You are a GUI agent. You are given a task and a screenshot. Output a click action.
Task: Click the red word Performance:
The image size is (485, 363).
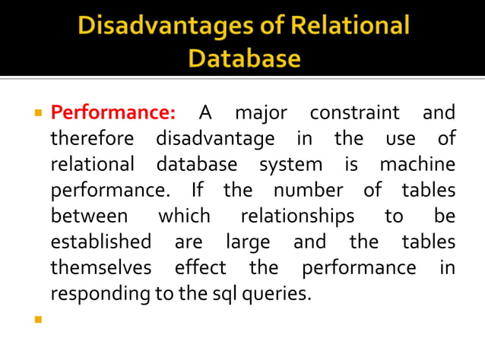(113, 114)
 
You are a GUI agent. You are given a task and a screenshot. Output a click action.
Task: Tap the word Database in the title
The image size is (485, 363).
(244, 58)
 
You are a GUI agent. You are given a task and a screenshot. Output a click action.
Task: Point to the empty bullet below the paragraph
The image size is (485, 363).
(36, 319)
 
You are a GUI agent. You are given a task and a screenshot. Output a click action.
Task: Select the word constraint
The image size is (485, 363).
(354, 114)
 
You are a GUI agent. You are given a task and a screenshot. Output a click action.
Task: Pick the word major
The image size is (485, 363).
(261, 114)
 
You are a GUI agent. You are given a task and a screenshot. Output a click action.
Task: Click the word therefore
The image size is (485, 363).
(92, 140)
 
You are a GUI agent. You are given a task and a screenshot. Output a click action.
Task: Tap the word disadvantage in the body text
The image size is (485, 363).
(215, 140)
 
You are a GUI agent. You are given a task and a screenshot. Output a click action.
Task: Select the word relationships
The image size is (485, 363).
(297, 216)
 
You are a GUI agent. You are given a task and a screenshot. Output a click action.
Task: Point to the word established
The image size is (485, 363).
(100, 242)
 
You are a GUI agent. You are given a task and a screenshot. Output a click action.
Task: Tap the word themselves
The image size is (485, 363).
(100, 267)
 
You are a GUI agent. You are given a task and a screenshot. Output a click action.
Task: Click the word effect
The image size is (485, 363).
(200, 267)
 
